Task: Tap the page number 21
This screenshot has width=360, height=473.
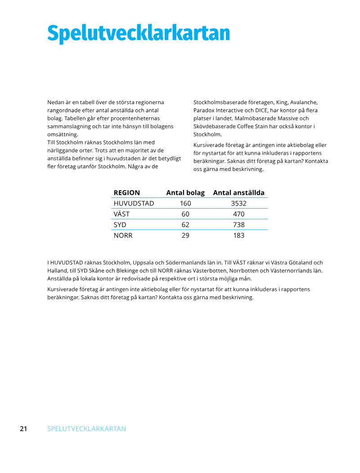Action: (23, 428)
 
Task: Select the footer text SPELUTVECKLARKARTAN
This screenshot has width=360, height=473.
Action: (86, 428)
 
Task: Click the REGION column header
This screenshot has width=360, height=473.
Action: (126, 192)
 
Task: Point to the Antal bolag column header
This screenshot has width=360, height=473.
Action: (185, 192)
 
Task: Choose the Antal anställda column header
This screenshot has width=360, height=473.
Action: (238, 192)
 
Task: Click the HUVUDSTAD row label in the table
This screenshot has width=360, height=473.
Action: (134, 203)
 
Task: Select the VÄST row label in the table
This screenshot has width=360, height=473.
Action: (121, 214)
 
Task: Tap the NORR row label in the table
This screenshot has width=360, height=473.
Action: (123, 235)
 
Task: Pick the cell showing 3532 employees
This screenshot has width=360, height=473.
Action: (238, 203)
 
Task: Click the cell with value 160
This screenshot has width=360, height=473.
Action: (185, 203)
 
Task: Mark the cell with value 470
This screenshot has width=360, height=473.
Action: (238, 214)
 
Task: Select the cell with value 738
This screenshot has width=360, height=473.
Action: (238, 224)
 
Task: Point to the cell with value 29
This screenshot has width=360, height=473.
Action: (185, 235)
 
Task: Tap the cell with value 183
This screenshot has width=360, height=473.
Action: (238, 235)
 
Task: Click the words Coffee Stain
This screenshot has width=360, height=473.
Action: (251, 126)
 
